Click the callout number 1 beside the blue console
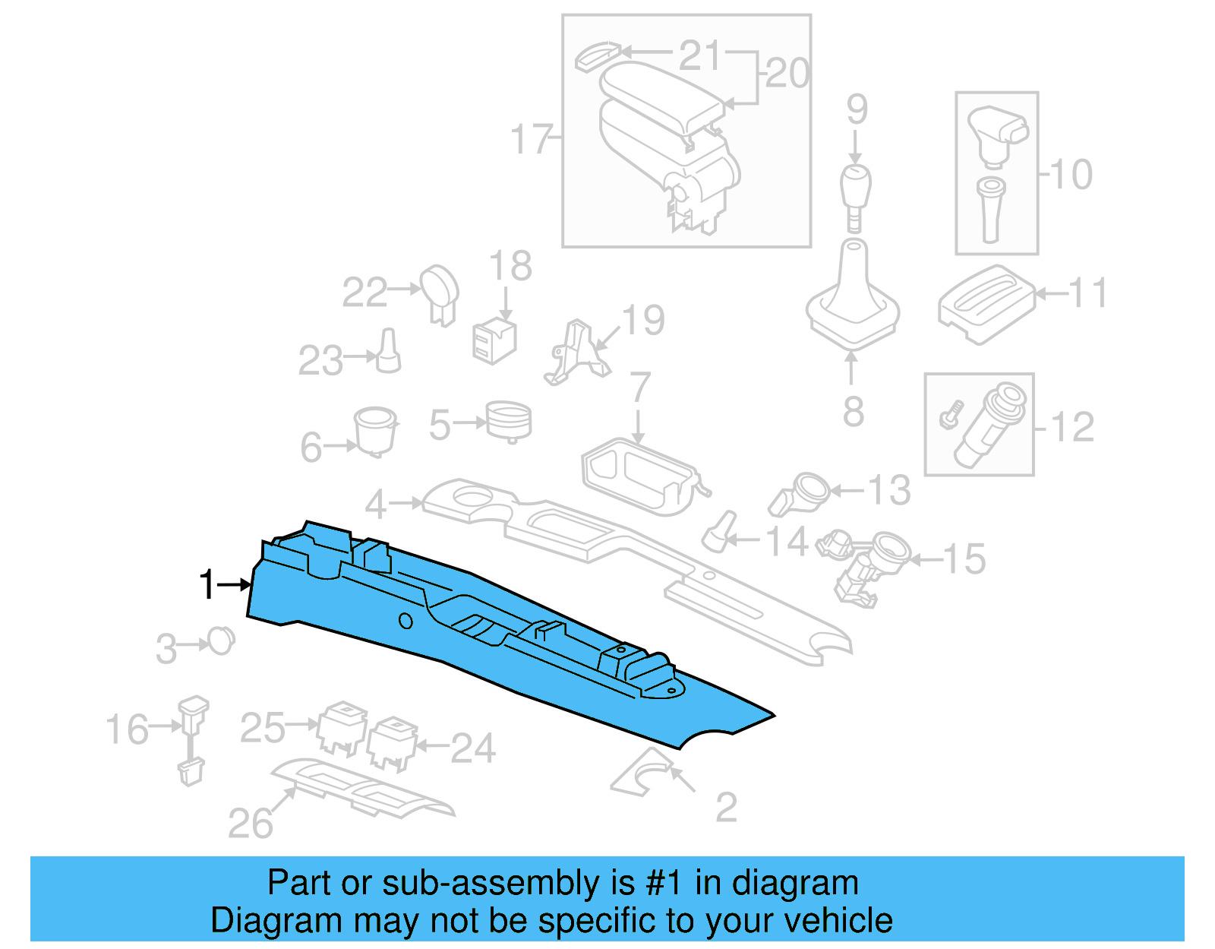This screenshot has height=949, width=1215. [x=207, y=585]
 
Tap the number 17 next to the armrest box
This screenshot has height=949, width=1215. [x=531, y=140]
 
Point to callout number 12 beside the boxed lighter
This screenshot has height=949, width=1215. [x=1072, y=428]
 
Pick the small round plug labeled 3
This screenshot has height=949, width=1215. [x=221, y=641]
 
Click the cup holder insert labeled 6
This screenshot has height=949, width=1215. [x=375, y=430]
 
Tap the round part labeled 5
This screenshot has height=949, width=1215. [x=508, y=420]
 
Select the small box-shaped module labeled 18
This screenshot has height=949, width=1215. [x=494, y=341]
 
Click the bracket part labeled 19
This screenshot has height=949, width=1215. [x=577, y=353]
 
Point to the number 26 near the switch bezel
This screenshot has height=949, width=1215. [x=250, y=824]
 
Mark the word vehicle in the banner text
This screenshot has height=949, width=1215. [x=838, y=921]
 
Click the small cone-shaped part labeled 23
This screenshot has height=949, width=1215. [x=389, y=351]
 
